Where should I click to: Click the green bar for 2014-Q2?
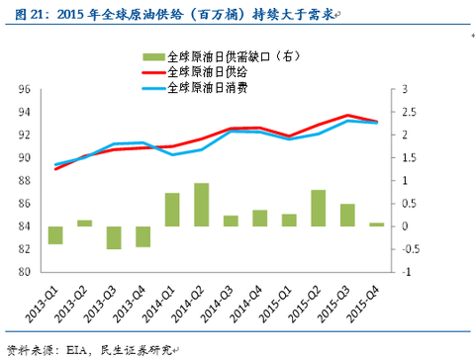tap(201, 205)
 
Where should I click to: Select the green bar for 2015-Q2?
tap(319, 208)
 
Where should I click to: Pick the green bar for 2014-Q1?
tap(172, 210)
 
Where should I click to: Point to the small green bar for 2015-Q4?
tap(377, 225)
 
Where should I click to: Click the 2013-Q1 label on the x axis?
tap(43, 296)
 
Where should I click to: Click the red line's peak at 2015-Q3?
tap(347, 116)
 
